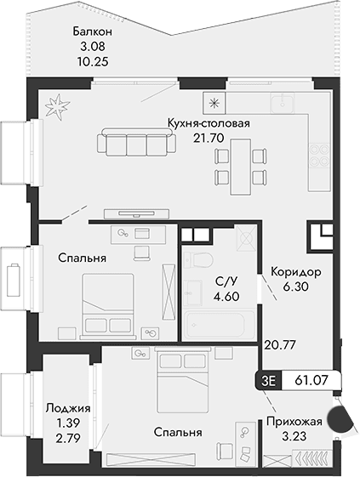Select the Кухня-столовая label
209,123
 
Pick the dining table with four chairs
237,164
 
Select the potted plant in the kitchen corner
59,107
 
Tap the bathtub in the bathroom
214,325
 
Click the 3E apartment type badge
270,380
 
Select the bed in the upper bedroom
107,298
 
